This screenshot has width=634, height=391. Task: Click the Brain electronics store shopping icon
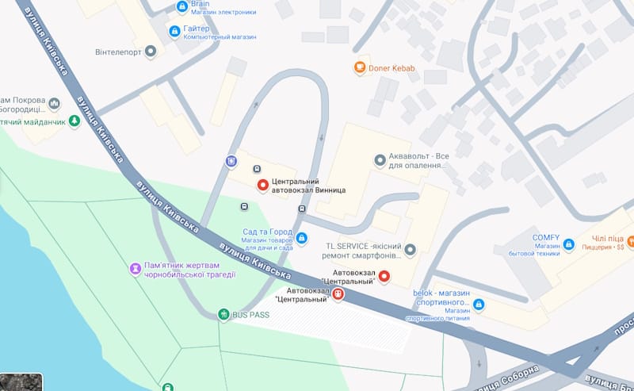click(x=182, y=7)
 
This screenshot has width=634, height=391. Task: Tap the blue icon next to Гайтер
click(x=175, y=31)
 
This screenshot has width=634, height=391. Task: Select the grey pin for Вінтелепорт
click(x=151, y=51)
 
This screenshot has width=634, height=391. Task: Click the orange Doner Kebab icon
click(x=360, y=67)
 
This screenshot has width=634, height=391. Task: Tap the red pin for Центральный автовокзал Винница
click(x=263, y=185)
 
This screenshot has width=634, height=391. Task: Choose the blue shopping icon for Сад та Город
click(x=301, y=237)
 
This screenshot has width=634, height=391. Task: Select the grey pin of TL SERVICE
click(x=410, y=251)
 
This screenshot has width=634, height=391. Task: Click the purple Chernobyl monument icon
click(x=136, y=270)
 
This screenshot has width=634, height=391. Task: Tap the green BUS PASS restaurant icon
click(x=224, y=315)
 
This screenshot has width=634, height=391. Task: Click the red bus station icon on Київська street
click(x=338, y=294)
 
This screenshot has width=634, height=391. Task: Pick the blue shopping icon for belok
click(x=479, y=304)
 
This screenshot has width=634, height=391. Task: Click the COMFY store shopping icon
click(x=568, y=247)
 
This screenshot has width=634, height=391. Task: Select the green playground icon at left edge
click(x=74, y=121)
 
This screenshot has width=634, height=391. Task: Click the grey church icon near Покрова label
click(x=55, y=103)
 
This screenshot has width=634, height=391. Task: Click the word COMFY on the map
click(x=546, y=238)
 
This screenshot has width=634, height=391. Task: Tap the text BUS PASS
click(x=251, y=315)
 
